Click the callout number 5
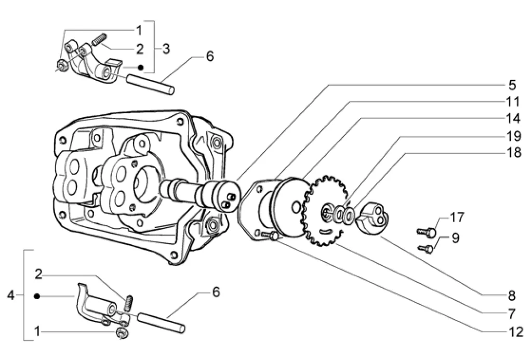[x=512, y=85]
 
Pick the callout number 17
[x=457, y=217]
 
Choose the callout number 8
[x=512, y=296]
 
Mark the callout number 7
[x=512, y=314]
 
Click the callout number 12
[x=516, y=332]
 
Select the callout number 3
[x=166, y=49]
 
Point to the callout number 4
[x=11, y=295]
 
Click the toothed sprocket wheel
[x=325, y=210]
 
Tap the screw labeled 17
[x=426, y=233]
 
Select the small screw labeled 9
[x=426, y=249]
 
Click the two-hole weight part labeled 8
[x=373, y=218]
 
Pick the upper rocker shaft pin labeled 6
[x=151, y=85]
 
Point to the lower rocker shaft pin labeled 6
[x=161, y=322]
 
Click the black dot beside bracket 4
[x=37, y=297]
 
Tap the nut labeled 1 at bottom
[x=122, y=333]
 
